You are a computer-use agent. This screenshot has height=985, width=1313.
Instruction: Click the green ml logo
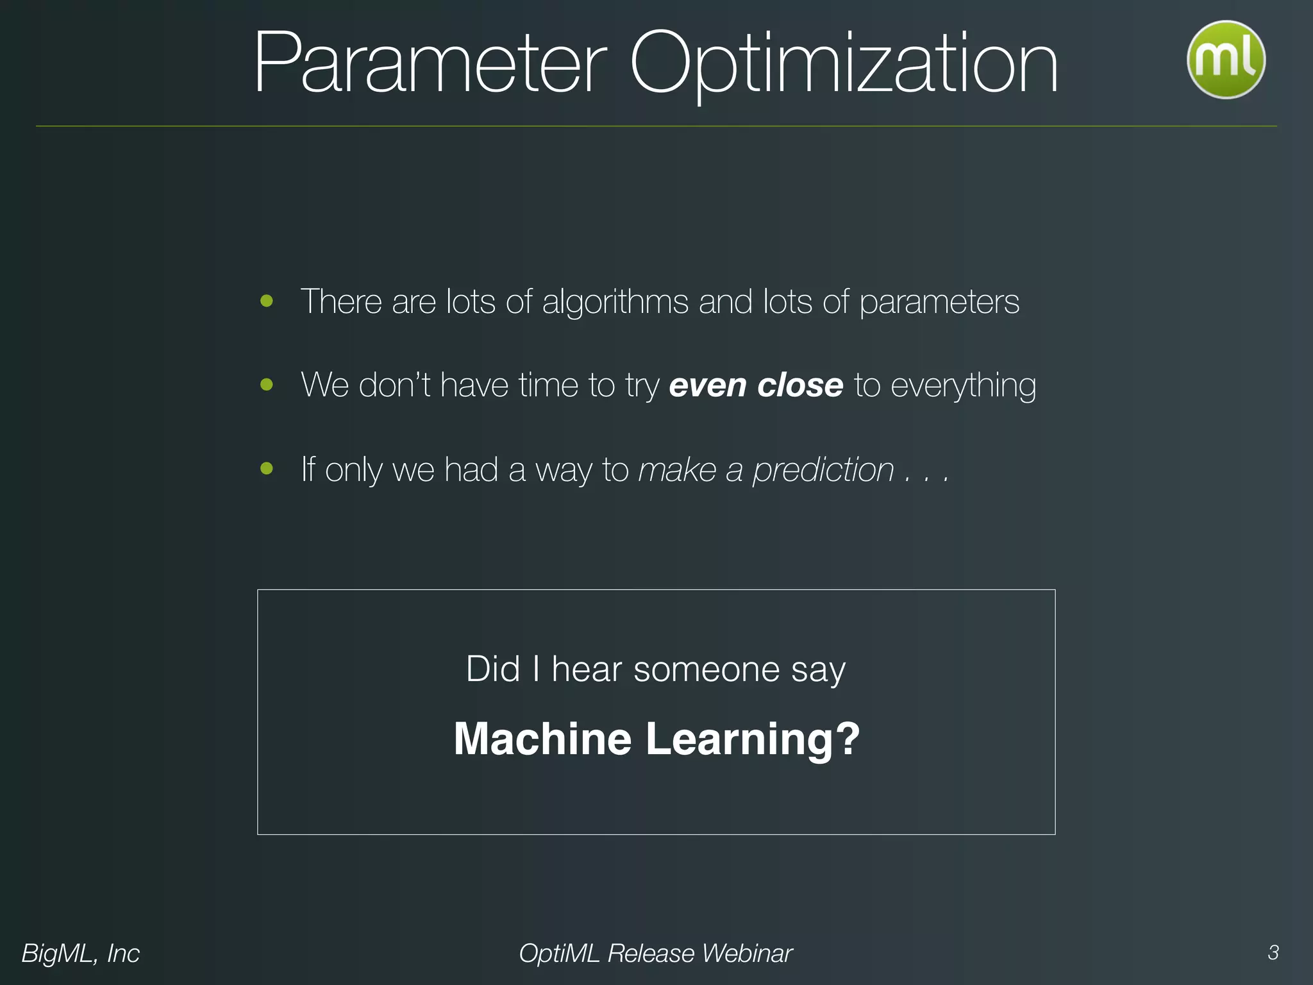[1225, 60]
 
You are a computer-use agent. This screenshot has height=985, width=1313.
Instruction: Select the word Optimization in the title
[843, 64]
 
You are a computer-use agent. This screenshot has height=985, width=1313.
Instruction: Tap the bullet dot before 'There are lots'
[267, 301]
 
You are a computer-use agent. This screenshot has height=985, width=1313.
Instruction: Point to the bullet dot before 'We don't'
[267, 385]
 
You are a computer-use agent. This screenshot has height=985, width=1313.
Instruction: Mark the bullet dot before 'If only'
[267, 469]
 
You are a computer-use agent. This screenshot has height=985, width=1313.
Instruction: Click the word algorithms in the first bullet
[615, 302]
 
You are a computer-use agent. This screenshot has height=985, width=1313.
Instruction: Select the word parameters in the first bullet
[939, 302]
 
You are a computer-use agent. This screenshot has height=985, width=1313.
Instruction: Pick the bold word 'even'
[707, 385]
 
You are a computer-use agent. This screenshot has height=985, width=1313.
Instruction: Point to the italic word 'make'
[677, 469]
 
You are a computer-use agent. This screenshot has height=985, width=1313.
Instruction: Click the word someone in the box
[707, 669]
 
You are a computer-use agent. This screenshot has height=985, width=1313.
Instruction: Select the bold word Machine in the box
[542, 739]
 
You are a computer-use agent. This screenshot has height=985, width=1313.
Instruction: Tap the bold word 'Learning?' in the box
[753, 740]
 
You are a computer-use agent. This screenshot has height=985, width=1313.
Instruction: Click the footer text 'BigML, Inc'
[81, 954]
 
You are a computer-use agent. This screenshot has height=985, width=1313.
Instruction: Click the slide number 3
[1273, 953]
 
